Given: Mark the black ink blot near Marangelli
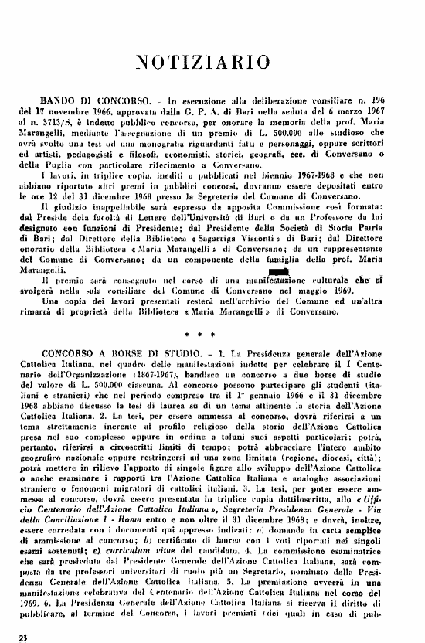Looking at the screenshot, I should tap(278, 271).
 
